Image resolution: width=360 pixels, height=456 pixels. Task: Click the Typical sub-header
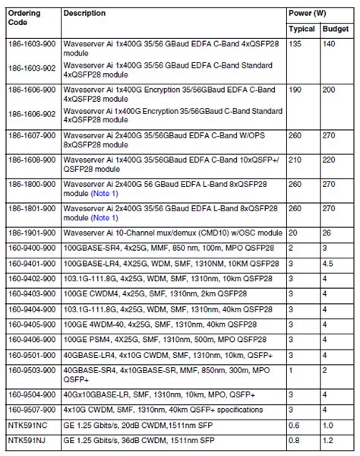coord(302,29)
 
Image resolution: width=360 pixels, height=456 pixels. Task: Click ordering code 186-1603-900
coord(30,45)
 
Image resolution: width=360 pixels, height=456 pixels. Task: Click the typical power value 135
coord(295,45)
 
